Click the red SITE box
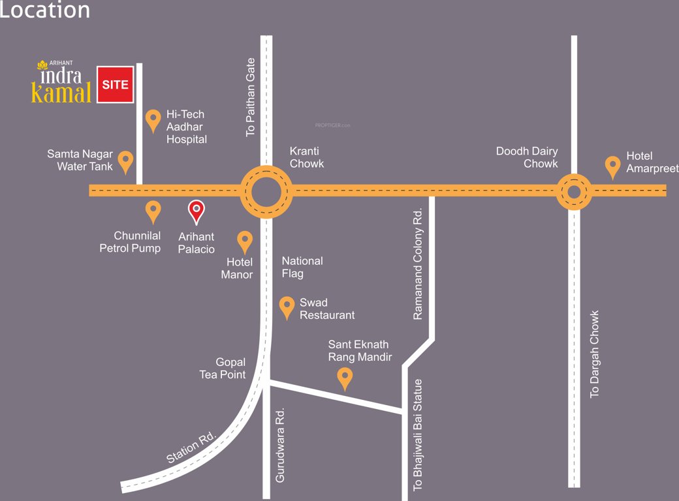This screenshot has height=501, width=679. (x=116, y=85)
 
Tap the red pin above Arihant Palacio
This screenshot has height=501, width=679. (x=196, y=210)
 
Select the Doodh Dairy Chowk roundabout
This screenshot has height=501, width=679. (x=574, y=191)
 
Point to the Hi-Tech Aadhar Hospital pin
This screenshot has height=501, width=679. (x=153, y=120)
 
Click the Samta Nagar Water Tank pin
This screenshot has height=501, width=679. (x=125, y=161)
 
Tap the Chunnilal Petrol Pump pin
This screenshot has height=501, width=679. (x=153, y=211)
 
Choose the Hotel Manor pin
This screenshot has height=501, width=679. (x=245, y=241)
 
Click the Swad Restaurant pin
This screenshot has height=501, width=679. (x=287, y=307)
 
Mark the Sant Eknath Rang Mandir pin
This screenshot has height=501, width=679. (x=344, y=378)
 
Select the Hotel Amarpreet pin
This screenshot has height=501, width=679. (x=612, y=166)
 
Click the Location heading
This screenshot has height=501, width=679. (x=44, y=10)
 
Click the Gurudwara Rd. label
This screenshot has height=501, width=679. (x=280, y=445)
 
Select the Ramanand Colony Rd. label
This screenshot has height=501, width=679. (x=418, y=264)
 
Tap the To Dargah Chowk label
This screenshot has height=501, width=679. (x=594, y=354)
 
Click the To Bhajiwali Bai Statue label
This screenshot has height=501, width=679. (x=418, y=434)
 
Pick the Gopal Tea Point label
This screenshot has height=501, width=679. (x=223, y=368)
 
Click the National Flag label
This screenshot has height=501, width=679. (x=302, y=267)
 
